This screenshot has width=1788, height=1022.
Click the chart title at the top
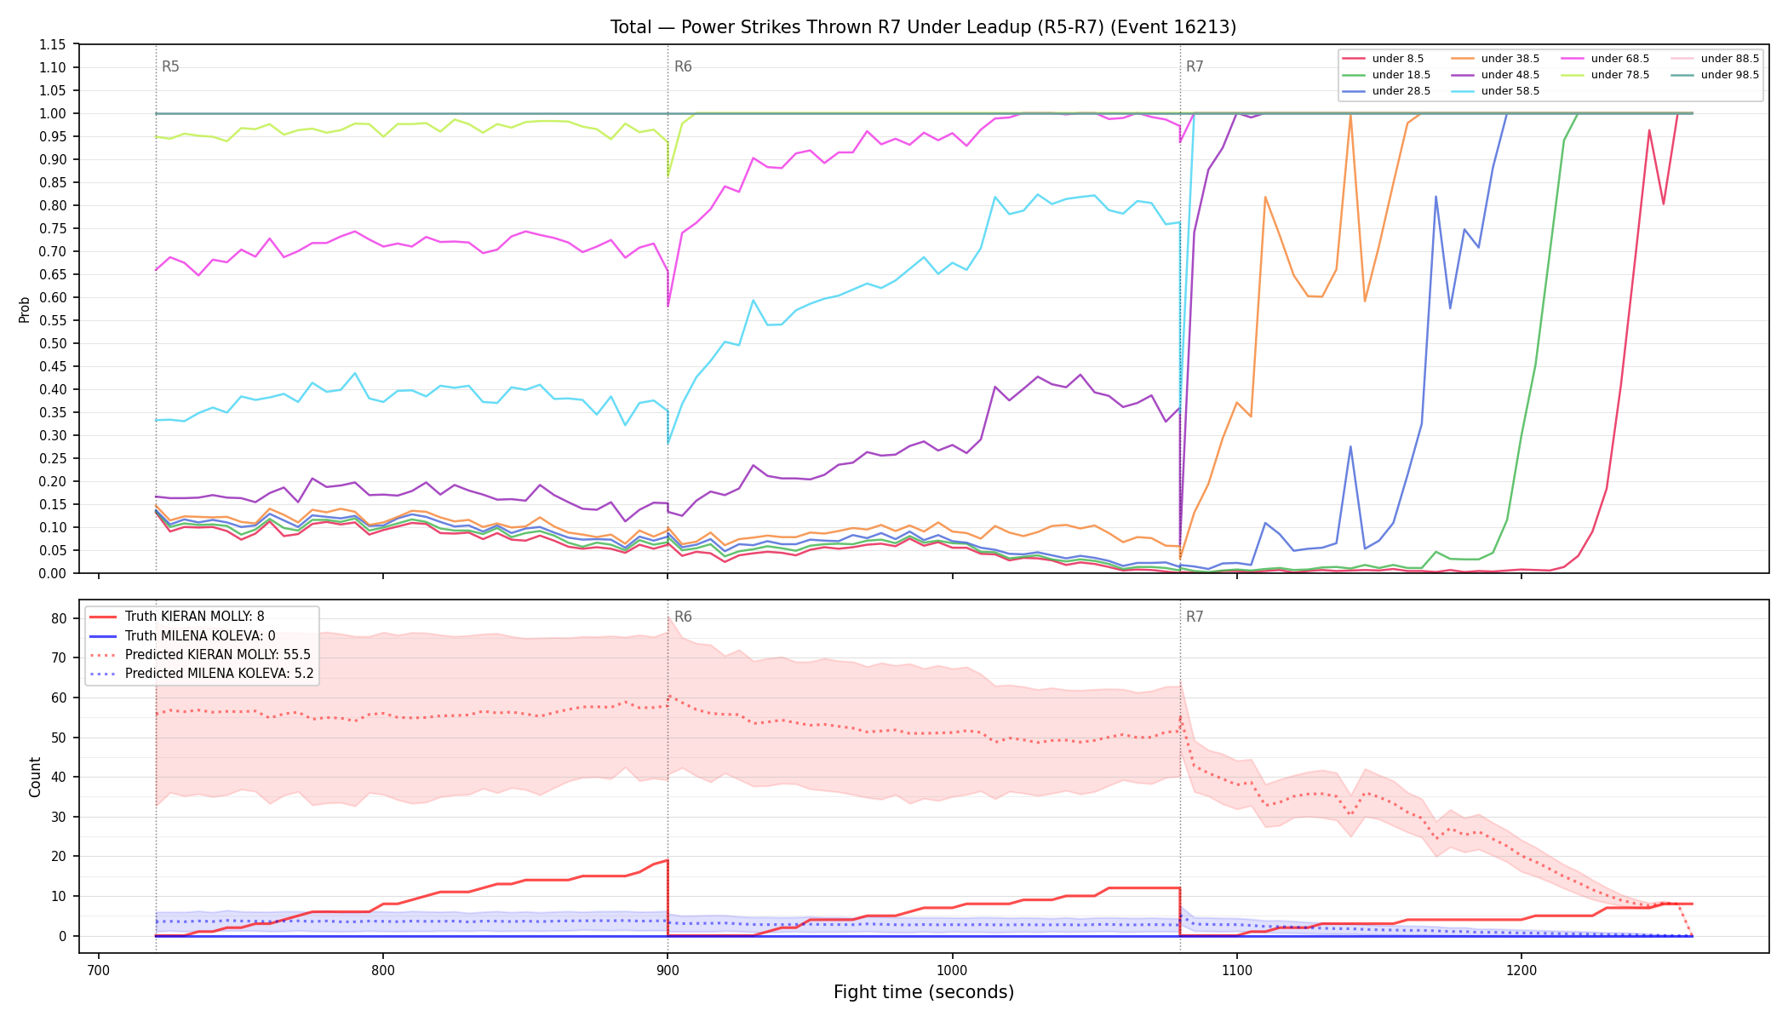point(923,27)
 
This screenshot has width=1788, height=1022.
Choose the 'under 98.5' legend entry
point(1714,75)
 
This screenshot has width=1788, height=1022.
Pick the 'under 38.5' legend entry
point(1494,59)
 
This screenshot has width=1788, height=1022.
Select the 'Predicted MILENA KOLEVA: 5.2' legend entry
point(202,674)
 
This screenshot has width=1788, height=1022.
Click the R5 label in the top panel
point(170,66)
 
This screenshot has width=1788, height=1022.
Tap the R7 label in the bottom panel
point(1195,617)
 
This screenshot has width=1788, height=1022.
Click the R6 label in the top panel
point(683,66)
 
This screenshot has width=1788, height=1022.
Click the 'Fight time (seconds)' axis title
point(924,992)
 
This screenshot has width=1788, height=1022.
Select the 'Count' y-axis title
point(35,777)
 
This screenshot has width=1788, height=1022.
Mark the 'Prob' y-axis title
point(25,309)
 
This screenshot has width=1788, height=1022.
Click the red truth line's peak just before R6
point(668,860)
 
